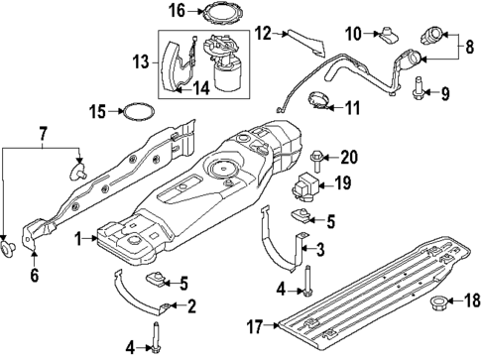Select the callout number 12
[261, 33]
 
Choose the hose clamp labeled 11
[320, 99]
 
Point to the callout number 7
[41, 133]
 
